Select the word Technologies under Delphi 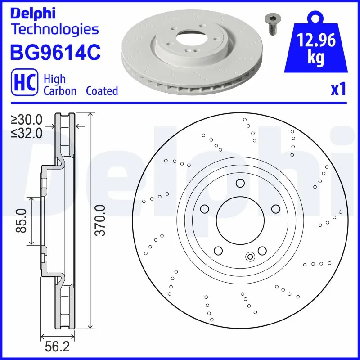pos(54,30)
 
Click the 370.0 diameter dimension pos(100,220)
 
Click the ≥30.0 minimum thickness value pos(27,120)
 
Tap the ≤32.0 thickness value pos(27,133)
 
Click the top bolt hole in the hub pos(240,183)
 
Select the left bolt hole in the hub pos(205,209)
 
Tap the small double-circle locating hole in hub pos(250,257)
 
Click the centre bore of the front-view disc pos(239,220)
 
